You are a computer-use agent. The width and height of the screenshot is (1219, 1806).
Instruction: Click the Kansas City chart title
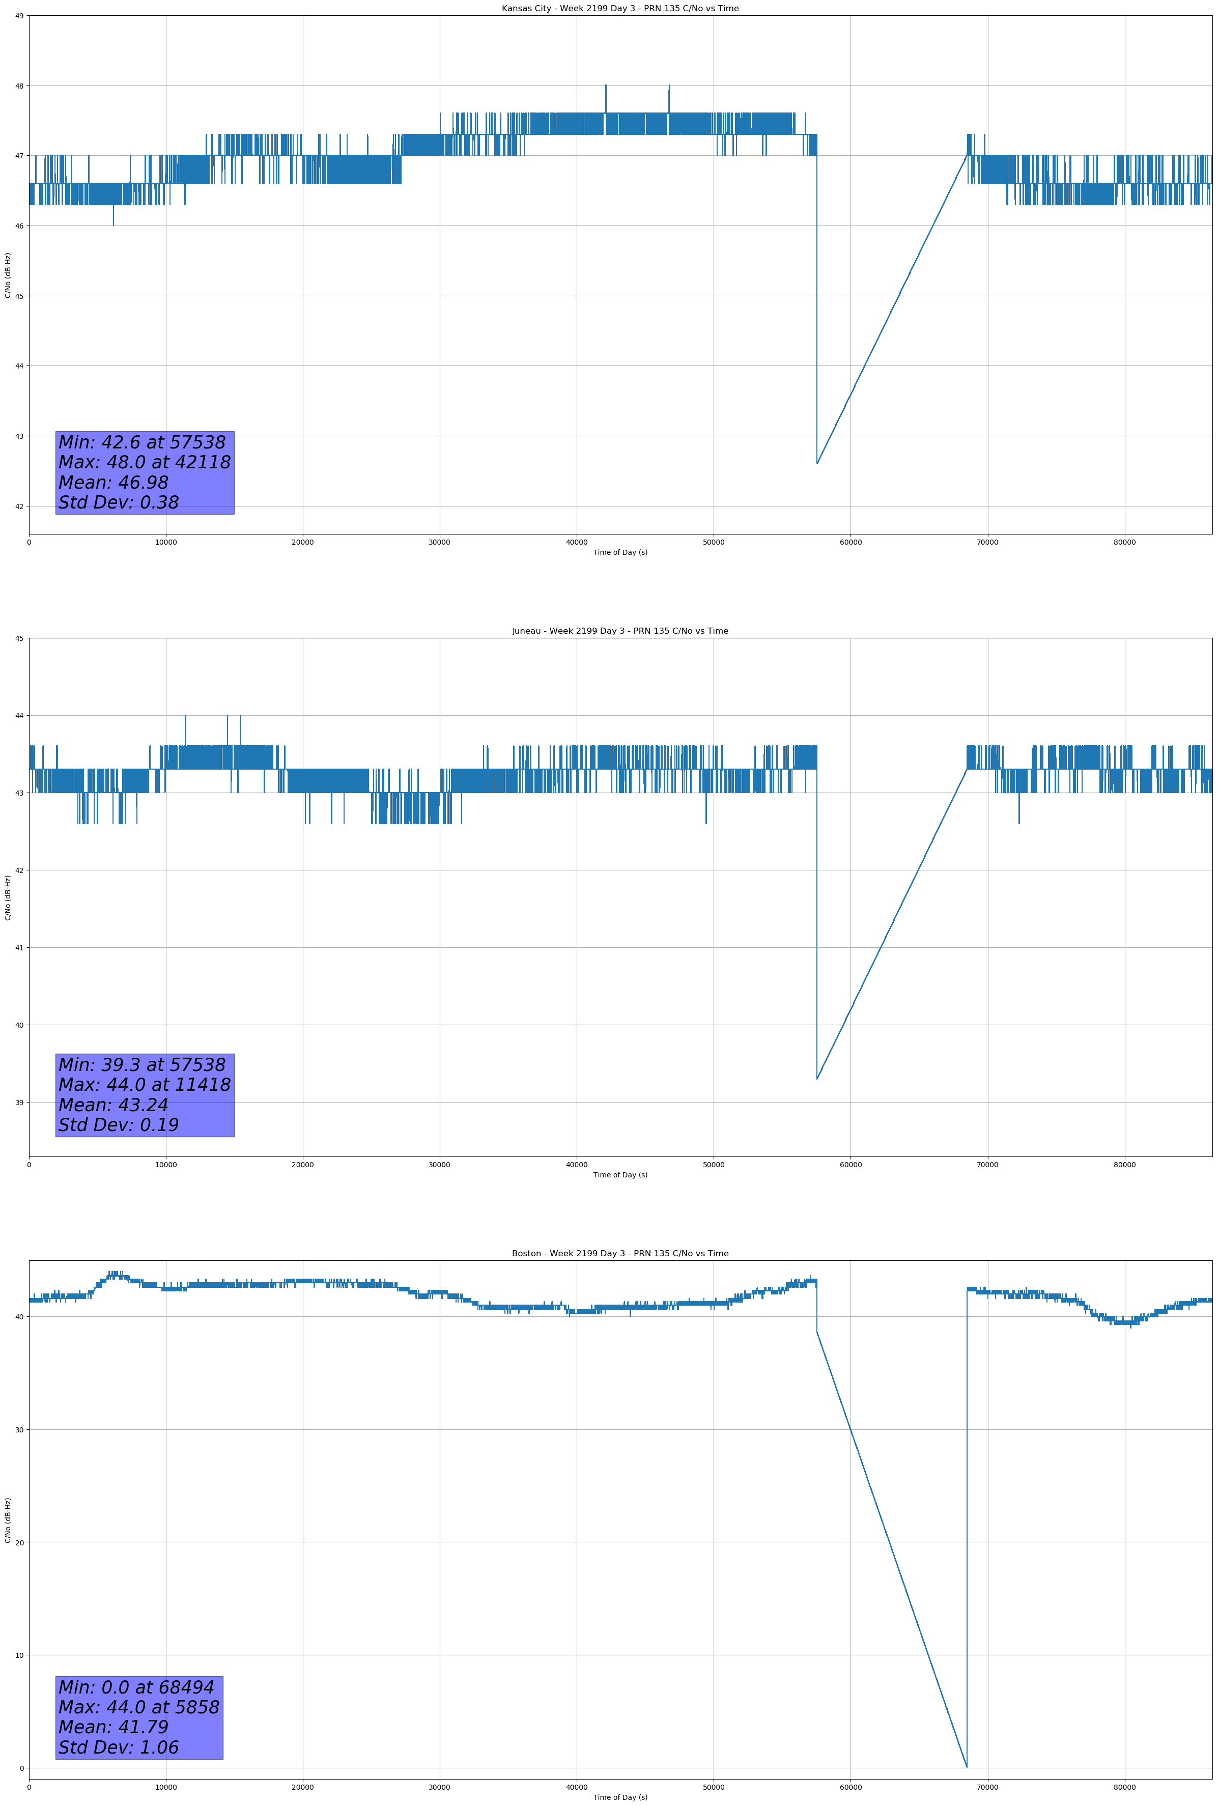click(x=620, y=9)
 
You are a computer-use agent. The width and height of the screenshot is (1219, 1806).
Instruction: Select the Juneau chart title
click(x=620, y=631)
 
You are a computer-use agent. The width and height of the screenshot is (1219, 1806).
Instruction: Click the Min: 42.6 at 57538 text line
click(x=142, y=442)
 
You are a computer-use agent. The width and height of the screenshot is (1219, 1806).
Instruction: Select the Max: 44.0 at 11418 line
click(x=145, y=1085)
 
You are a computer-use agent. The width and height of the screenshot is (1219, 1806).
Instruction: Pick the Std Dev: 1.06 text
click(x=119, y=1747)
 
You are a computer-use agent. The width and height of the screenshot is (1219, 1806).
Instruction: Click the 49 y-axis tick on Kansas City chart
click(x=19, y=16)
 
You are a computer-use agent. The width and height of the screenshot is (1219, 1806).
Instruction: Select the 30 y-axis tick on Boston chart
click(x=19, y=1430)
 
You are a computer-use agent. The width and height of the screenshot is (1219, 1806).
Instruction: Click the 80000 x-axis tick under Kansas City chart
click(x=1124, y=543)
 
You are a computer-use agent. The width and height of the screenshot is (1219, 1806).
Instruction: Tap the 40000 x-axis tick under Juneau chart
click(x=577, y=1165)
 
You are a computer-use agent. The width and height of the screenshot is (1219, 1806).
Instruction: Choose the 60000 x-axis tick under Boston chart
click(x=851, y=1787)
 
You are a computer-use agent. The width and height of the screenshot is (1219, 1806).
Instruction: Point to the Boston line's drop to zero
click(x=967, y=1768)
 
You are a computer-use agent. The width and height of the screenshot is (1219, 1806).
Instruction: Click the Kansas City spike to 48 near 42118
click(x=606, y=86)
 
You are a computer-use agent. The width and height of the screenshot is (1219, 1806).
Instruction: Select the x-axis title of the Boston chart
click(x=620, y=1797)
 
